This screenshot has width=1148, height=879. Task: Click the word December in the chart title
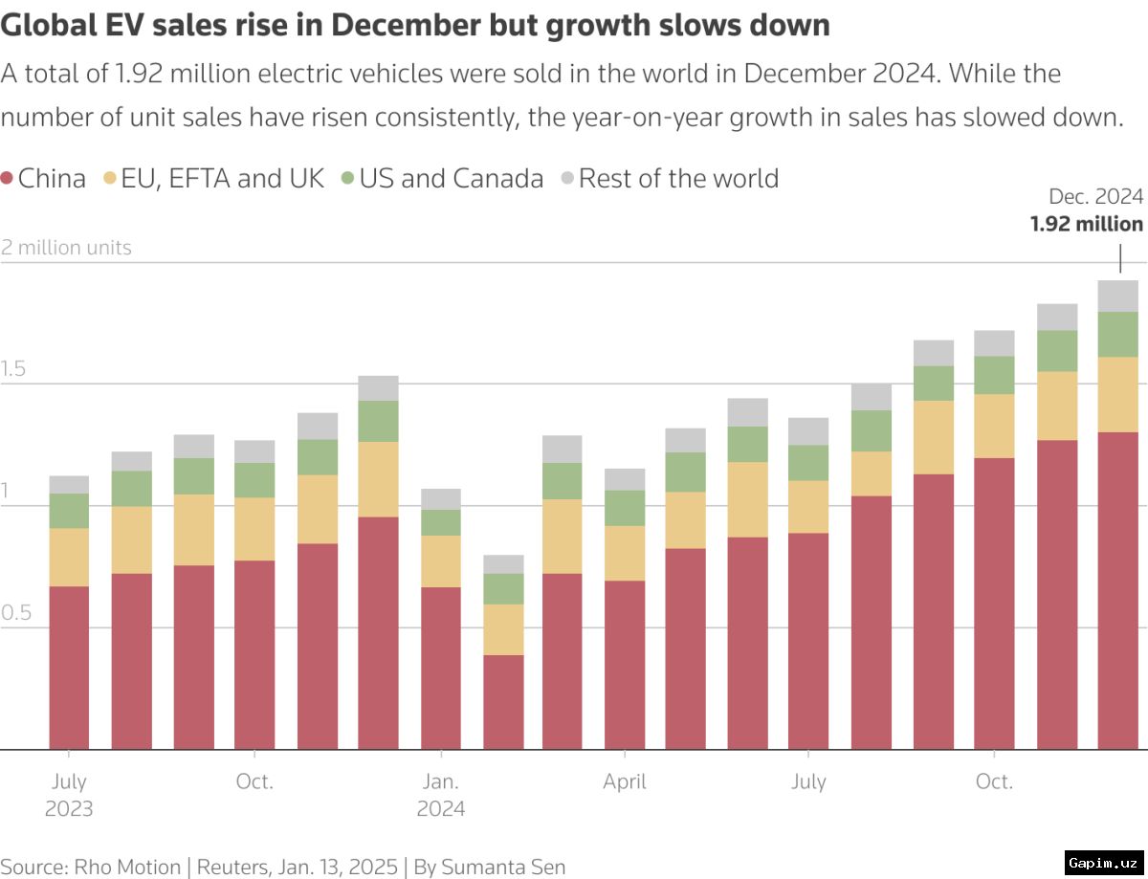pyautogui.click(x=400, y=26)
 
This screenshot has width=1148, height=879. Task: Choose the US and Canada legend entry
pyautogui.click(x=443, y=179)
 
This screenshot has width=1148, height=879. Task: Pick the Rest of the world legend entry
pyautogui.click(x=670, y=179)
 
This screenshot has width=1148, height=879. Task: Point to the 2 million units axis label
pyautogui.click(x=66, y=248)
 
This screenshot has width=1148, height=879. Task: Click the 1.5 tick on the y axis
pyautogui.click(x=14, y=369)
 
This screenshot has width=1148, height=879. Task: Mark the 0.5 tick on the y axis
pyautogui.click(x=16, y=613)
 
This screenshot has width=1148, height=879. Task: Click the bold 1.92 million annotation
pyautogui.click(x=1086, y=225)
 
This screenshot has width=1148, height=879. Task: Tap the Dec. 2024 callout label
pyautogui.click(x=1095, y=197)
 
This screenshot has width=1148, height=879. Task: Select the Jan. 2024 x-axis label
pyautogui.click(x=441, y=795)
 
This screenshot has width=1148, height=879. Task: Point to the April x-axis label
pyautogui.click(x=625, y=782)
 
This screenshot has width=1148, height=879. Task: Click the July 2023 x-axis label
pyautogui.click(x=69, y=795)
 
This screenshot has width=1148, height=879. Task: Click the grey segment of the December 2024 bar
pyautogui.click(x=1117, y=296)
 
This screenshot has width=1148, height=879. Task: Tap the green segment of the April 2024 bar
pyautogui.click(x=625, y=508)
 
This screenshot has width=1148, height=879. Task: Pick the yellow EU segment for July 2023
pyautogui.click(x=69, y=557)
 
